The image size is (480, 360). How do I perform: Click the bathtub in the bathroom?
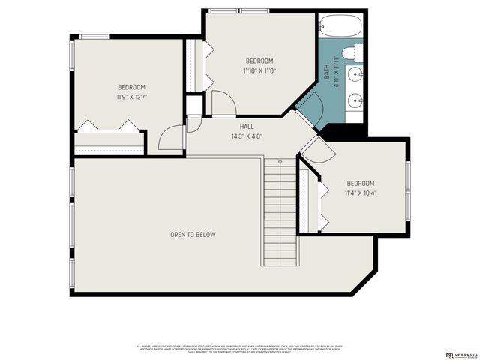click(x=340, y=28)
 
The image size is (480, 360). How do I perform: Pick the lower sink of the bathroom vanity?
click(x=355, y=99)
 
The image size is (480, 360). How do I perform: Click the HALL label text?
click(x=245, y=127)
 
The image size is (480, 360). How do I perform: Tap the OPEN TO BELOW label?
click(x=193, y=235)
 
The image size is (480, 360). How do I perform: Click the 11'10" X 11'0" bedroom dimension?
click(x=259, y=71)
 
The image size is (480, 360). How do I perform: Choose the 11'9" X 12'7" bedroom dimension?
click(x=131, y=97)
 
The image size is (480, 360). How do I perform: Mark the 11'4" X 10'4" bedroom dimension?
click(x=360, y=193)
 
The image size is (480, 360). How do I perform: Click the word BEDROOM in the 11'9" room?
click(x=131, y=88)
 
